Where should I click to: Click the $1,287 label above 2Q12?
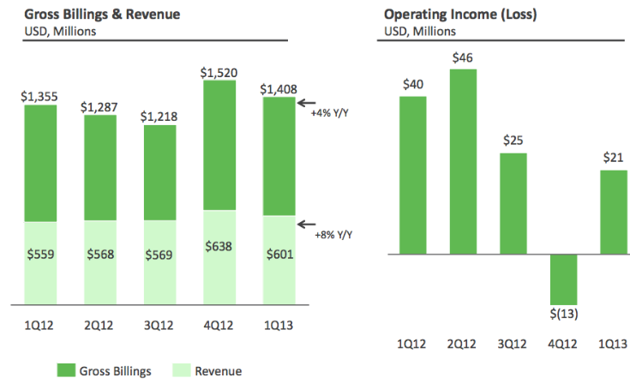point(100,107)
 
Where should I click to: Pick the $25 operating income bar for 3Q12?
point(513,203)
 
